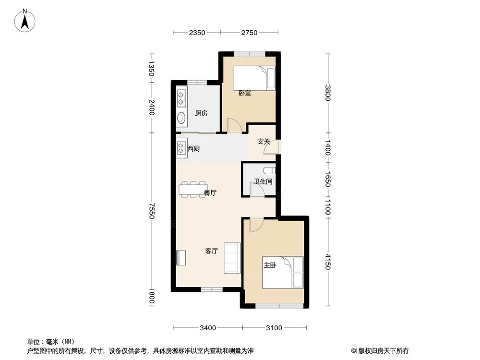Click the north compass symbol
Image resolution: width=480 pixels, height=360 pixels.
25,21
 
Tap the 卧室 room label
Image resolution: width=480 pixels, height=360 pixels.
245,93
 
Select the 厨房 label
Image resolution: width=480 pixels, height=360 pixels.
201,114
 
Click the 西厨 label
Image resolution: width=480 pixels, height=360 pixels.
193,149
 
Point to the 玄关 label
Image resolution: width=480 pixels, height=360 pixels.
264,142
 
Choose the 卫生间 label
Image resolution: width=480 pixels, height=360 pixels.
263,182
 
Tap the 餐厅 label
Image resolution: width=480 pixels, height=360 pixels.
210,193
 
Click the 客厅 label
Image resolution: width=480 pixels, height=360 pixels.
212,251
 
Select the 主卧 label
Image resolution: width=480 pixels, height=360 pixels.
269,265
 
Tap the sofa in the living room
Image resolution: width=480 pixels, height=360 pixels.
232,257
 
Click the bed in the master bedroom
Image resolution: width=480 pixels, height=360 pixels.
284,273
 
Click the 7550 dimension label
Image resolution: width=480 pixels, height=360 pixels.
152,212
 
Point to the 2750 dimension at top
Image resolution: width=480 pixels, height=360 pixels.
250,33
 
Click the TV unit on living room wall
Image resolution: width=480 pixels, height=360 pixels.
180,258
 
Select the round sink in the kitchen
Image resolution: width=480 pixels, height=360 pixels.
181,118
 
